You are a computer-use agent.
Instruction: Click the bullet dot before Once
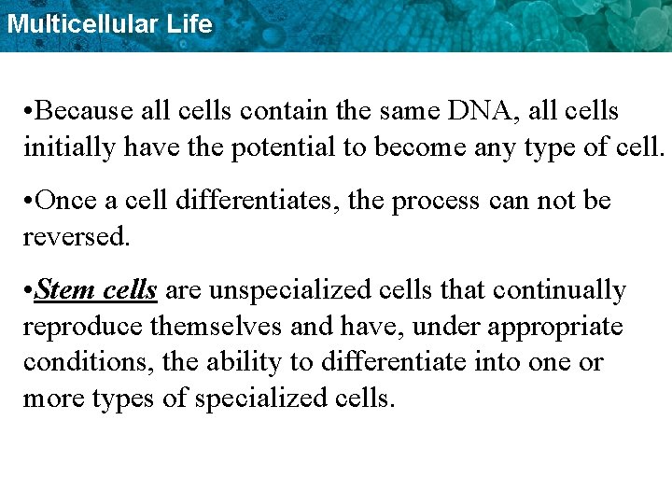click(x=29, y=202)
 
